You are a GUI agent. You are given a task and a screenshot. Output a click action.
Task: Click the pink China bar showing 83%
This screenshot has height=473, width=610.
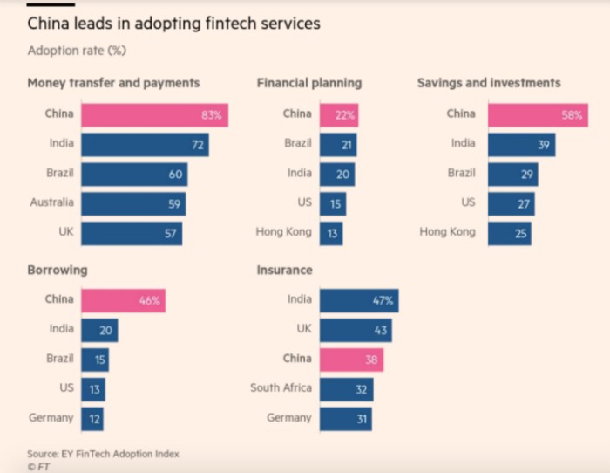pyautogui.click(x=154, y=114)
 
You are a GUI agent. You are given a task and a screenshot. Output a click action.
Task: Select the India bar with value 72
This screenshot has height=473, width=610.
pyautogui.click(x=145, y=144)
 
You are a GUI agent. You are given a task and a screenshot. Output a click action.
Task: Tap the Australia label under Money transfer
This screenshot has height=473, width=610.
pyautogui.click(x=51, y=202)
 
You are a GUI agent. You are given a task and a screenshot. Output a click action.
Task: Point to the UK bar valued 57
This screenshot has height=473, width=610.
pyautogui.click(x=132, y=233)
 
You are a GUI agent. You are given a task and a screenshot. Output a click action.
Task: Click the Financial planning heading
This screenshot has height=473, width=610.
pyautogui.click(x=309, y=83)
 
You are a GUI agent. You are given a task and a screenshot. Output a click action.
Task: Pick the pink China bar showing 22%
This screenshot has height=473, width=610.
pyautogui.click(x=339, y=114)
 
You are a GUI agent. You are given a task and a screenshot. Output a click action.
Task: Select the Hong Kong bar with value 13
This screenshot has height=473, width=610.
pyautogui.click(x=331, y=233)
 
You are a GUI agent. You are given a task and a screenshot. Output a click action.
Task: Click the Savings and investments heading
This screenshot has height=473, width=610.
pyautogui.click(x=488, y=83)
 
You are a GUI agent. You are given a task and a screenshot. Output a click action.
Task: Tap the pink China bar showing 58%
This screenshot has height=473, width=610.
pyautogui.click(x=538, y=114)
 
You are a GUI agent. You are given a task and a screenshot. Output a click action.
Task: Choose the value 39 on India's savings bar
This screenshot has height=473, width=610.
pyautogui.click(x=544, y=145)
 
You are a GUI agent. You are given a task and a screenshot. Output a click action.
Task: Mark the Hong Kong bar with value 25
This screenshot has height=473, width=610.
pyautogui.click(x=510, y=233)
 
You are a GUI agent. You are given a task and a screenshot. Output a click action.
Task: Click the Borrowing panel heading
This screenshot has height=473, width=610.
pyautogui.click(x=57, y=271)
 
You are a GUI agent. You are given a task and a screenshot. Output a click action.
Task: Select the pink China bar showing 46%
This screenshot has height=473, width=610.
pyautogui.click(x=123, y=301)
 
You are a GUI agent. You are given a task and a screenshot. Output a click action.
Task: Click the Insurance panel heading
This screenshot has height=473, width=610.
pyautogui.click(x=284, y=271)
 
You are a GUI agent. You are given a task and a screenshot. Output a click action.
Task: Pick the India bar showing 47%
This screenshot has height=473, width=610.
pyautogui.click(x=359, y=301)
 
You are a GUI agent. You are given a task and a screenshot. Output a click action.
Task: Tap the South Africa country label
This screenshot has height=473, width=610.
pyautogui.click(x=281, y=388)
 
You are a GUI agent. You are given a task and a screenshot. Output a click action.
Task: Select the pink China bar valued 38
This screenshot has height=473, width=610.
pyautogui.click(x=351, y=360)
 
